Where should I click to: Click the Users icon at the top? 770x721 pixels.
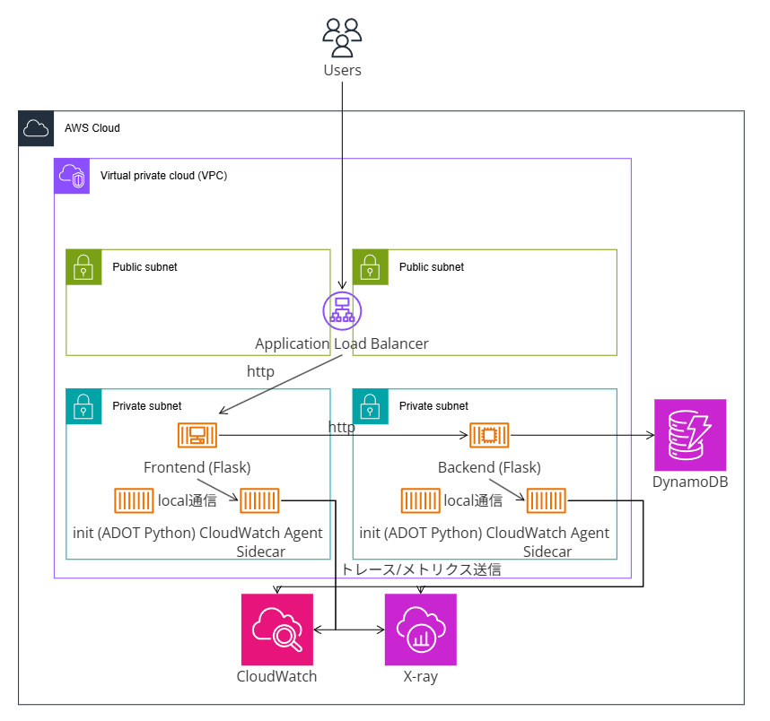(342, 38)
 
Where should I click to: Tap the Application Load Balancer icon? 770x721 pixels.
(342, 310)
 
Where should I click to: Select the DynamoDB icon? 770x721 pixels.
(690, 435)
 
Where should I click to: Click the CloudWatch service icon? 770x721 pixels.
(277, 630)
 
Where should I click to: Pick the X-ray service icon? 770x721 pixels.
(420, 630)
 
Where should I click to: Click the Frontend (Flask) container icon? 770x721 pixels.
(197, 435)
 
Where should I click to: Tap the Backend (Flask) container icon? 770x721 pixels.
(489, 435)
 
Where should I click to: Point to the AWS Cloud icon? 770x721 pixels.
(36, 128)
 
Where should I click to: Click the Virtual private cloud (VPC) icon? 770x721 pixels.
(72, 176)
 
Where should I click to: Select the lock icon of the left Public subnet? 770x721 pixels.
(83, 267)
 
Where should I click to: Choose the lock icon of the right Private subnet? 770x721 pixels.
(371, 406)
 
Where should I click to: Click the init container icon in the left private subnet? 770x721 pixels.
(134, 500)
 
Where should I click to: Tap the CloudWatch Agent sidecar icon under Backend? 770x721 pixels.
(546, 500)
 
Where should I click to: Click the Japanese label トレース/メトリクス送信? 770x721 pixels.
(421, 569)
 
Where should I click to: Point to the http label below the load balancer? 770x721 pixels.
(260, 371)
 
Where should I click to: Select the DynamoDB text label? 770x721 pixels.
(690, 482)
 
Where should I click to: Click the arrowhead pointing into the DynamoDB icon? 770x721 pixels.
(651, 435)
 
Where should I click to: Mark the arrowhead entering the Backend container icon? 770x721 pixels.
(464, 435)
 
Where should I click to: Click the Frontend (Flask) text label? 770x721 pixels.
(197, 467)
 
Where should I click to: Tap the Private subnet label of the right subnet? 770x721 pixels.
(433, 406)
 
